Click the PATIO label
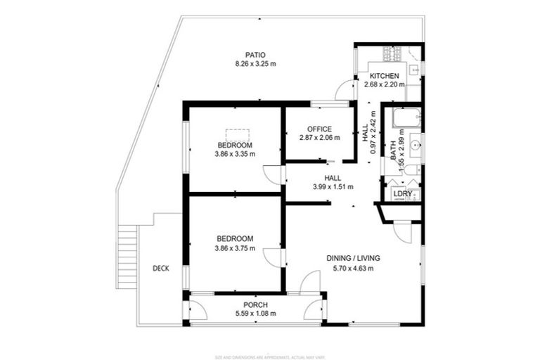click(x=255, y=55)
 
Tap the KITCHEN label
click(x=385, y=76)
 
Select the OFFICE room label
click(x=319, y=129)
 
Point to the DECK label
click(x=161, y=268)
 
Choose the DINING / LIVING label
click(x=353, y=259)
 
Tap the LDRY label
click(x=401, y=193)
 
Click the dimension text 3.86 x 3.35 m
click(x=235, y=153)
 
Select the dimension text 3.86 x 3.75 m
click(x=235, y=247)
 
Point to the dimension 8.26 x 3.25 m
click(x=255, y=64)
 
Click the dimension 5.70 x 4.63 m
click(x=353, y=268)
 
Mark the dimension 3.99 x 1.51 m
click(x=333, y=187)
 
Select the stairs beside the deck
click(x=127, y=256)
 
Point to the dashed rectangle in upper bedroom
click(x=236, y=134)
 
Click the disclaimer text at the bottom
click(x=270, y=339)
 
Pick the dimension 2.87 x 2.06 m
click(x=319, y=138)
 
